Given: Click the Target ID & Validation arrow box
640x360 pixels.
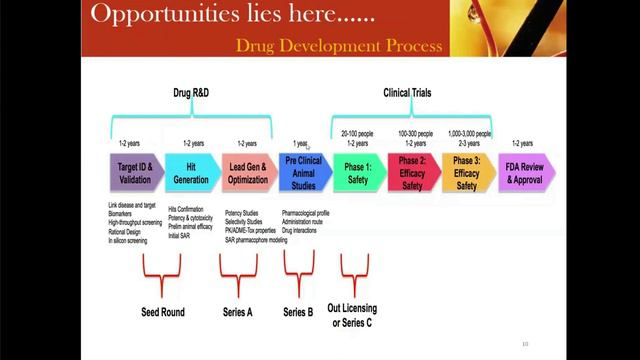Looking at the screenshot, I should pyautogui.click(x=135, y=172).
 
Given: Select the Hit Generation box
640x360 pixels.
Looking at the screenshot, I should pyautogui.click(x=191, y=172).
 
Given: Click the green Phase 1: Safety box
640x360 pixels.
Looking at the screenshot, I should pyautogui.click(x=358, y=172).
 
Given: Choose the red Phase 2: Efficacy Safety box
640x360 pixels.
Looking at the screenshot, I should pyautogui.click(x=413, y=172).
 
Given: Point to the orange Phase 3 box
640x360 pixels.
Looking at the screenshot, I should pyautogui.click(x=467, y=172).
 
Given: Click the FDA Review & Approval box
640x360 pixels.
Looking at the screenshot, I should pyautogui.click(x=524, y=172).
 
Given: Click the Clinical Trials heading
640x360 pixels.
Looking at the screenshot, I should pyautogui.click(x=411, y=93).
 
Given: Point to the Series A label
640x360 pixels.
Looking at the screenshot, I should pyautogui.click(x=237, y=312).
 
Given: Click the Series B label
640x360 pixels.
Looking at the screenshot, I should pyautogui.click(x=297, y=312).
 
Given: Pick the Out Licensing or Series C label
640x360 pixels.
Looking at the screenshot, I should pyautogui.click(x=353, y=316).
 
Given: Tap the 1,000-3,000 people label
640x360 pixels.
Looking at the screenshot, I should pyautogui.click(x=470, y=133).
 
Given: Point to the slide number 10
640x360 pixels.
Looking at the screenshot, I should pyautogui.click(x=524, y=345).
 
